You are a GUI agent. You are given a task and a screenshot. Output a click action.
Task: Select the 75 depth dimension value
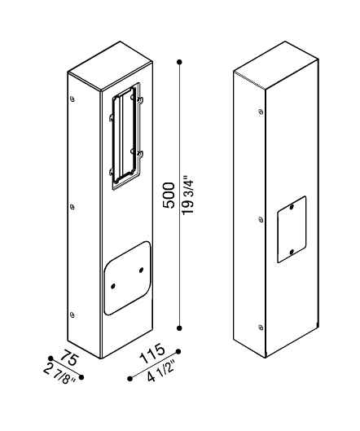[70, 358]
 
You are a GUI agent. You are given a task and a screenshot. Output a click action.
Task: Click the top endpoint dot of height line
[179, 62]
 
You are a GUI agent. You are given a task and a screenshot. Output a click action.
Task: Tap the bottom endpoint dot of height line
[179, 328]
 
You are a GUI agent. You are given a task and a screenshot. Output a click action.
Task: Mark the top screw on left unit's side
[72, 99]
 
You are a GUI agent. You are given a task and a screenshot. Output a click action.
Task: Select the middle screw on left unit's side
[72, 207]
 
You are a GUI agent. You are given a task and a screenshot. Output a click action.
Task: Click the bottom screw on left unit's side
[72, 314]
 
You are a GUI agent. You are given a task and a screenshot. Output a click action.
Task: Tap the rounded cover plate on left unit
[128, 278]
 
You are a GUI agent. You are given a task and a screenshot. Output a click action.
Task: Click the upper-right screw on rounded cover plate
[141, 270]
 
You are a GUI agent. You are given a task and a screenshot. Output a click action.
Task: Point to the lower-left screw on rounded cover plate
[113, 287]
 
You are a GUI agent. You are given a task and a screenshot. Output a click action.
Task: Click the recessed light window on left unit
[127, 136]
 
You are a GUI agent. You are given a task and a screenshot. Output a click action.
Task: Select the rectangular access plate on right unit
[292, 229]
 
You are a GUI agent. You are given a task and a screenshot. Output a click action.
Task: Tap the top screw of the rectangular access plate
[292, 207]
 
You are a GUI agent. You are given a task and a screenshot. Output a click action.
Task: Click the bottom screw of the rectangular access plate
[292, 251]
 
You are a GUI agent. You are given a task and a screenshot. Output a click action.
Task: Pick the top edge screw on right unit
[261, 112]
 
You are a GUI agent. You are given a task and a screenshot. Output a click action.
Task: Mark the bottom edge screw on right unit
[261, 327]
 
